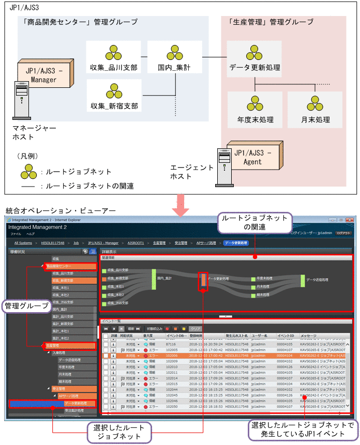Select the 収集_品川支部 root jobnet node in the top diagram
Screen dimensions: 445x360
(114, 61)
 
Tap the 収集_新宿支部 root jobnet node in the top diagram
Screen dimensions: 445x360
(114, 98)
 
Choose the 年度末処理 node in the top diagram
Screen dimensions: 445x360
(255, 110)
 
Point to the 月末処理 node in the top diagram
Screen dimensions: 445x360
(316, 110)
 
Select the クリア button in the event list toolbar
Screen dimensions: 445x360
(195, 328)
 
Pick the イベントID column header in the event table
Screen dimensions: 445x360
(286, 335)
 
